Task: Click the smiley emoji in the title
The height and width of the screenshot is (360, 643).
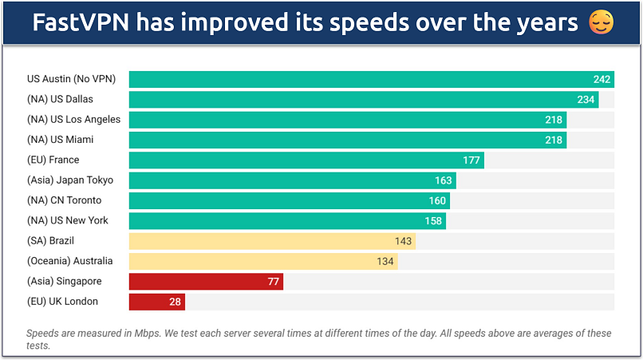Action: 601,23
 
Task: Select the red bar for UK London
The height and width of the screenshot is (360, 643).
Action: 156,302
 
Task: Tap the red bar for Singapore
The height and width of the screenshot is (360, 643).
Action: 206,282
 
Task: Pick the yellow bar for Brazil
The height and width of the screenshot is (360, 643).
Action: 271,241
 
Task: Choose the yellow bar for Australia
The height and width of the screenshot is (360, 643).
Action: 262,261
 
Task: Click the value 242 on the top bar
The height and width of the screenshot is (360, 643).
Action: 602,79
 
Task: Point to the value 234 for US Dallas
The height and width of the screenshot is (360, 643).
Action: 586,100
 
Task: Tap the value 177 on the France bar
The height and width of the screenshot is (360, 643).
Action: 471,160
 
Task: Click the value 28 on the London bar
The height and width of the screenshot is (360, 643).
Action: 175,302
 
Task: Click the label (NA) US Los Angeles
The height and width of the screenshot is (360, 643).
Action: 73,120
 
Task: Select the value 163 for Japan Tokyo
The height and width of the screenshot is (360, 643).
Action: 443,180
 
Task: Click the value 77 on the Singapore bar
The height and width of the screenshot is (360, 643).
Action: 273,282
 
